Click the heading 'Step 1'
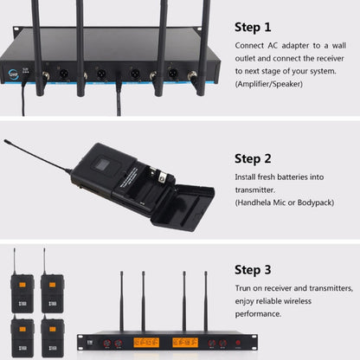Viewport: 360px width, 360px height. point(253,28)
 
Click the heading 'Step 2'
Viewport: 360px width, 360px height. point(253,159)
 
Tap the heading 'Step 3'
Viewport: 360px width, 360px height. point(253,270)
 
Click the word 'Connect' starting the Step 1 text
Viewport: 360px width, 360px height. point(250,44)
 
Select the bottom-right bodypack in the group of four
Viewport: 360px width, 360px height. point(52,332)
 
